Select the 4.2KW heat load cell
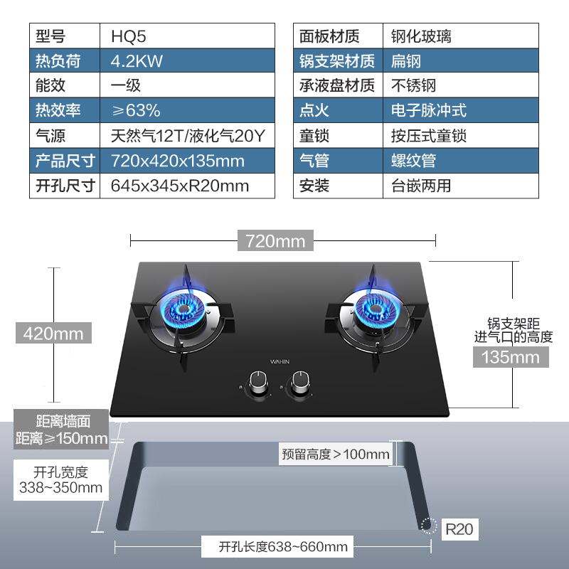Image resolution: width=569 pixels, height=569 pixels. pos(137,60)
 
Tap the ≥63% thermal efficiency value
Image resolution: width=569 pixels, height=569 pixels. pos(135,110)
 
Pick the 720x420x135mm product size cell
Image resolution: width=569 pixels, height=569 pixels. pos(178,160)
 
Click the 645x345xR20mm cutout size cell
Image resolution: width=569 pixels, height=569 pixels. pos(180,186)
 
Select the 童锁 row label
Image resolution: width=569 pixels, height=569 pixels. pos(314,135)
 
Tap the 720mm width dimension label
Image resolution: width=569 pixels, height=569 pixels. pos(275,241)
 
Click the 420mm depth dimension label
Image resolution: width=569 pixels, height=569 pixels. pos(53,333)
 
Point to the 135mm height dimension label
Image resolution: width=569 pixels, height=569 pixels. pos(511,357)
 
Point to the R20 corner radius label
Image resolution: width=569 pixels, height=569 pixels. pos(459,529)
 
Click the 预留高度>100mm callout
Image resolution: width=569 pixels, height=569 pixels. pos(335,454)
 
